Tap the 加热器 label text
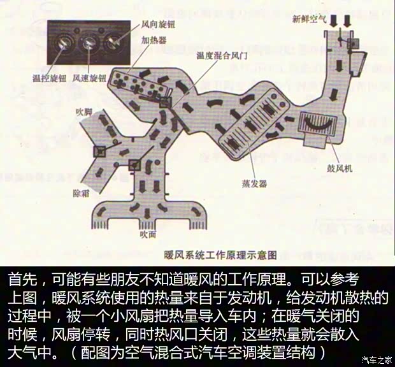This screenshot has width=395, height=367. point(154,40)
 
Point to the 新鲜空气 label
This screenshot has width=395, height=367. point(308,20)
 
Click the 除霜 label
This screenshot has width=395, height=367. point(83,192)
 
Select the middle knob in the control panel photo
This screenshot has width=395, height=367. point(89,43)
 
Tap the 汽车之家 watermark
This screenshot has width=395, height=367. point(376,359)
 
